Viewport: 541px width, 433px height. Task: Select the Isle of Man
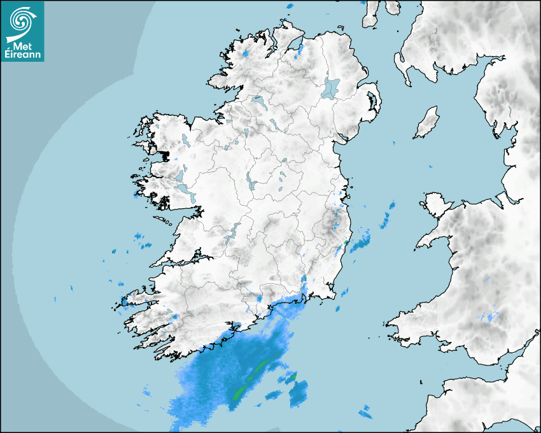(427, 123)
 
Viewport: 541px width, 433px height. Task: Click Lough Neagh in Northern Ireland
(331, 88)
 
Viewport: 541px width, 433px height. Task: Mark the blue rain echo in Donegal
(245, 53)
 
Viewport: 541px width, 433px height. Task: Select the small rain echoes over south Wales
(490, 316)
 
